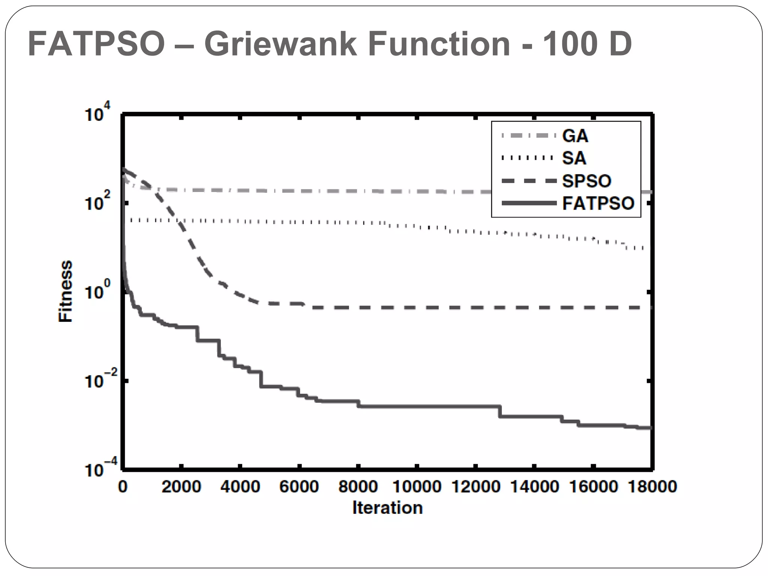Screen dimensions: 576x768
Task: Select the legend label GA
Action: click(x=575, y=136)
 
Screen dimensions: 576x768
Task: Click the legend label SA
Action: click(x=574, y=158)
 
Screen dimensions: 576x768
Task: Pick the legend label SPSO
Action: click(x=586, y=181)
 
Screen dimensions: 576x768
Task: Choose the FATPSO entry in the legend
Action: click(x=598, y=203)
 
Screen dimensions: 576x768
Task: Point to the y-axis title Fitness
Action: click(x=65, y=291)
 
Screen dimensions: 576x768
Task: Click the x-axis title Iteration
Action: click(x=387, y=508)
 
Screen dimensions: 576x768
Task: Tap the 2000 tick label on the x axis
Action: click(x=181, y=487)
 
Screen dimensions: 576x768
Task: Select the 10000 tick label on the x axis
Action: click(x=417, y=487)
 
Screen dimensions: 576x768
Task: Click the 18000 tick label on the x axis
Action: click(x=652, y=487)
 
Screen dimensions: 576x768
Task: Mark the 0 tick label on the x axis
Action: click(x=123, y=487)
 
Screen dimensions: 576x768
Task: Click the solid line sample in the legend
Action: click(x=529, y=204)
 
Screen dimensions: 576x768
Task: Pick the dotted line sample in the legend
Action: click(x=527, y=158)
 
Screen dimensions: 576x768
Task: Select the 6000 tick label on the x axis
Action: click(x=299, y=487)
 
